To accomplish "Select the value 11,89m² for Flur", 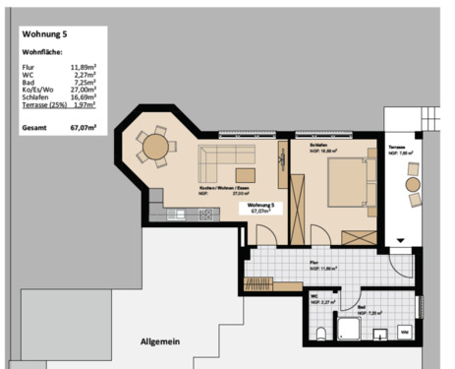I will pos(84,65).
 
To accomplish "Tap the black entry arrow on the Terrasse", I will pos(401,239).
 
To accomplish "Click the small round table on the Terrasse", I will pos(414,183).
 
